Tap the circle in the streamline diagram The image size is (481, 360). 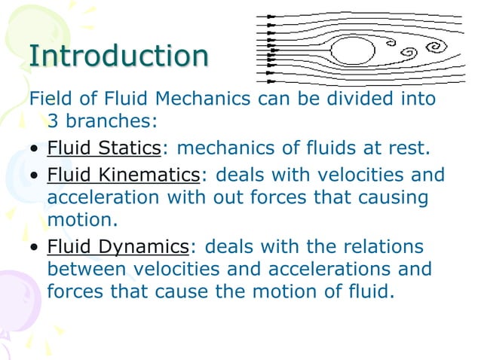point(353,50)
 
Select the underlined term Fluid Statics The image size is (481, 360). point(104,148)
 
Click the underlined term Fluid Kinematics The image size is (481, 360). point(124,175)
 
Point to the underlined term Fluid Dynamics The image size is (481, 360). point(118,246)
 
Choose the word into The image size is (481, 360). point(419,99)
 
